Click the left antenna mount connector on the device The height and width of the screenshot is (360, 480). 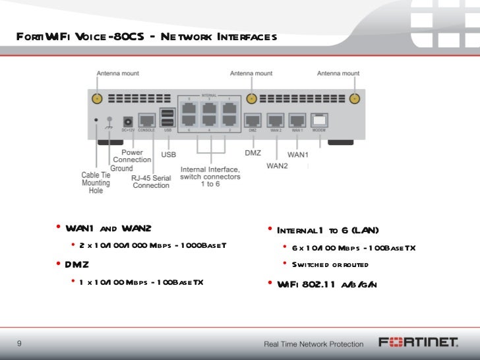pos(96,99)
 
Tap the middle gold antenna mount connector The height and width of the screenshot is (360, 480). pos(251,99)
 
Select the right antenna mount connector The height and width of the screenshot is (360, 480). pos(355,99)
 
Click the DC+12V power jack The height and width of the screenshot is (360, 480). pos(128,121)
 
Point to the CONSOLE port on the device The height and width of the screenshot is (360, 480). pos(147,120)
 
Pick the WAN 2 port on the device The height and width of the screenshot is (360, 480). pos(276,121)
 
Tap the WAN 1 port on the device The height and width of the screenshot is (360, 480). pos(298,121)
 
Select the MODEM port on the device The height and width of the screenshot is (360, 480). pos(320,121)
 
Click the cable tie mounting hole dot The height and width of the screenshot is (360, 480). pos(97,120)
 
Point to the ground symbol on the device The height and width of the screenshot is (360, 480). pos(109,120)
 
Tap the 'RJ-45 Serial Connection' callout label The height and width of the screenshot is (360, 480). pos(151,181)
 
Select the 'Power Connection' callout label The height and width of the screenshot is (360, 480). pos(132,156)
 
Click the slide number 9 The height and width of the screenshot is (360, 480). pos(19,343)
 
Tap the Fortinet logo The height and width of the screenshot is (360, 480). pos(418,342)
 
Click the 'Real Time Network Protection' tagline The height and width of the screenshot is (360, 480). pos(313,344)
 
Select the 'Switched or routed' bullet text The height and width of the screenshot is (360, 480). pos(330,264)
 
